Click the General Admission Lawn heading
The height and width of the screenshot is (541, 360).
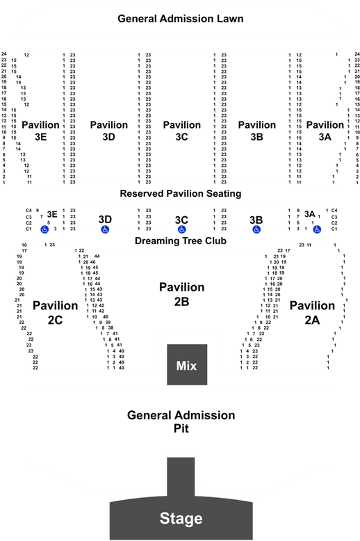click(x=180, y=19)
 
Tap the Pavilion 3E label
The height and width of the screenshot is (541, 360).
click(x=41, y=131)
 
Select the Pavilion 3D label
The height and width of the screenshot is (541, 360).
click(x=109, y=131)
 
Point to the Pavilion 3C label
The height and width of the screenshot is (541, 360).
click(x=181, y=131)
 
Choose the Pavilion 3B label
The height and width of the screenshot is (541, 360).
click(x=257, y=131)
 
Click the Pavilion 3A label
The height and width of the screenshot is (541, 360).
click(x=325, y=131)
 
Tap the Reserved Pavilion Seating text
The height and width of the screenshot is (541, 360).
click(x=180, y=193)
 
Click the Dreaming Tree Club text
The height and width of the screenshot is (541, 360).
click(x=180, y=241)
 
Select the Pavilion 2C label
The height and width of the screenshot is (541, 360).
click(x=55, y=313)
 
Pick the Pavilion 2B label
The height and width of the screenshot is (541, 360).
click(x=181, y=294)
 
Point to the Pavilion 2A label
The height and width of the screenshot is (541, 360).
click(x=312, y=313)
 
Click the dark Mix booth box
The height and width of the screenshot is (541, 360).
click(x=187, y=364)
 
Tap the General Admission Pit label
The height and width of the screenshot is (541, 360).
click(x=181, y=421)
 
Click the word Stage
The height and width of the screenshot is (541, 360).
click(x=181, y=518)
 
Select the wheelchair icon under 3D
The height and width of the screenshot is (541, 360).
click(x=105, y=229)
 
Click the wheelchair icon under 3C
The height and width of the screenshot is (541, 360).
click(x=181, y=229)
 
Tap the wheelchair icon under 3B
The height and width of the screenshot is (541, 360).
click(x=256, y=229)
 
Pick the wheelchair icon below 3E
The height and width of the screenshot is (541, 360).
click(x=44, y=229)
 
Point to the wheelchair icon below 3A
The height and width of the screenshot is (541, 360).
click(x=317, y=229)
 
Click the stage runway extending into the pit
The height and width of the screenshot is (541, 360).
click(x=181, y=477)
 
